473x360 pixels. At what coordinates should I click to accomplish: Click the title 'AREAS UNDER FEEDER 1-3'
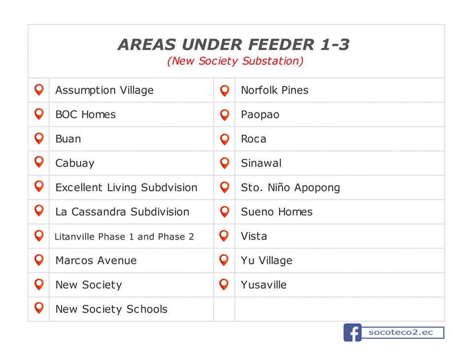(234, 44)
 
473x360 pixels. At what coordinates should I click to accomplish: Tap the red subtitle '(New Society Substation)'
(236, 61)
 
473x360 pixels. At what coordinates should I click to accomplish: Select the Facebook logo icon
(352, 332)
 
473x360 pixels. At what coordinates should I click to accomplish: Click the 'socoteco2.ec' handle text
(401, 332)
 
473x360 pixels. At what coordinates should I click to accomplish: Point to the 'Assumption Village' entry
(104, 90)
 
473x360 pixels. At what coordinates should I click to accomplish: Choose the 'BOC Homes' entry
(86, 114)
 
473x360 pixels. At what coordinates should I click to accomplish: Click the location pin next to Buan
(39, 139)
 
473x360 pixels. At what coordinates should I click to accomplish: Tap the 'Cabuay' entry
(75, 163)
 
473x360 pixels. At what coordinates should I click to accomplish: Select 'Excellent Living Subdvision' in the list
(127, 187)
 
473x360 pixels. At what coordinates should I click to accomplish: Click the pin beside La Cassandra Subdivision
(39, 211)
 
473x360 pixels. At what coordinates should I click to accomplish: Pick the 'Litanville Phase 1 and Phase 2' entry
(124, 237)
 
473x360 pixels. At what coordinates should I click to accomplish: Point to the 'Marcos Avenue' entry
(96, 260)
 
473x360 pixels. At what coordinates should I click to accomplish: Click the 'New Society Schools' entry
(111, 309)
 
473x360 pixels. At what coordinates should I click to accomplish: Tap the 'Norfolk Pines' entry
(275, 90)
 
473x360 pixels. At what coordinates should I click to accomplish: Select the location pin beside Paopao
(225, 115)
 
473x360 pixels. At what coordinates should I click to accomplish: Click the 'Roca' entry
(253, 139)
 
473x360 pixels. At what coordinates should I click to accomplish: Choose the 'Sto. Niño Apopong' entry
(291, 187)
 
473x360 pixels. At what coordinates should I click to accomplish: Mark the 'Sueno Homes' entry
(276, 212)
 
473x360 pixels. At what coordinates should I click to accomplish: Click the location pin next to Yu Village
(224, 260)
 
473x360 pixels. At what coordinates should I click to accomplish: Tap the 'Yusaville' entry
(264, 285)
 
